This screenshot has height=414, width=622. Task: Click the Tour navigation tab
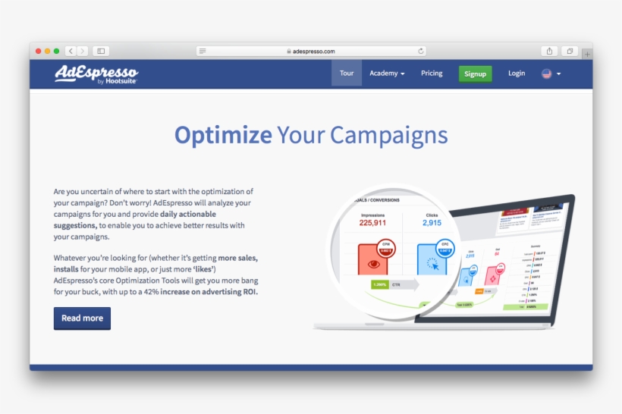(x=347, y=74)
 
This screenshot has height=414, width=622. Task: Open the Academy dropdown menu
(x=387, y=74)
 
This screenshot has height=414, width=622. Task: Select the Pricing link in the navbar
(x=432, y=74)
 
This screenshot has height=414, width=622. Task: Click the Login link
(x=517, y=74)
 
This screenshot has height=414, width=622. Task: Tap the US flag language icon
(x=547, y=74)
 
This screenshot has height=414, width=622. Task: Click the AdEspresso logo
(x=96, y=74)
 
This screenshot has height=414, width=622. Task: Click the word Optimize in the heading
(x=223, y=135)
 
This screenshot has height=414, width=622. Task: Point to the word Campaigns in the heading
(x=388, y=135)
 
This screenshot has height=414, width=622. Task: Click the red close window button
(x=38, y=51)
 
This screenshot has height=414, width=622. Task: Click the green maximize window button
(x=56, y=51)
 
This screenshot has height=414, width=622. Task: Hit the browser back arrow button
(x=71, y=51)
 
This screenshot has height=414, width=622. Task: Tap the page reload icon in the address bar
(x=421, y=51)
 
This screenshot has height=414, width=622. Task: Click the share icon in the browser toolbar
(x=550, y=51)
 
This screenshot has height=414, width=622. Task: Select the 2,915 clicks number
(x=432, y=223)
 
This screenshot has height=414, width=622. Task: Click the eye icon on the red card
(x=372, y=264)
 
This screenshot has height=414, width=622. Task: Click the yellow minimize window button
(x=47, y=51)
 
